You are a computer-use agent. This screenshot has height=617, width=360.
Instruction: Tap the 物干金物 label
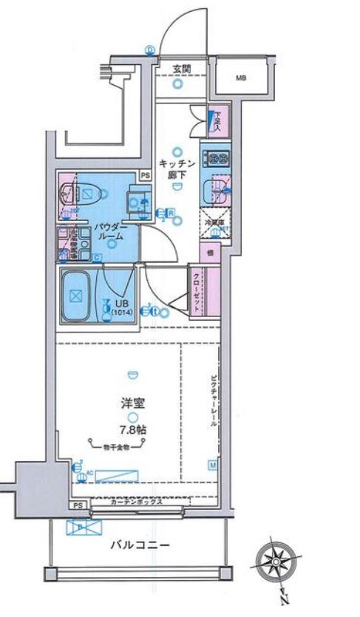coord(117,448)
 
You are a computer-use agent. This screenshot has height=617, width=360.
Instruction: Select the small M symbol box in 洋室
coord(212,466)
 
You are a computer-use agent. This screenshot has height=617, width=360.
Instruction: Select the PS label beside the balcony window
coord(78,505)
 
